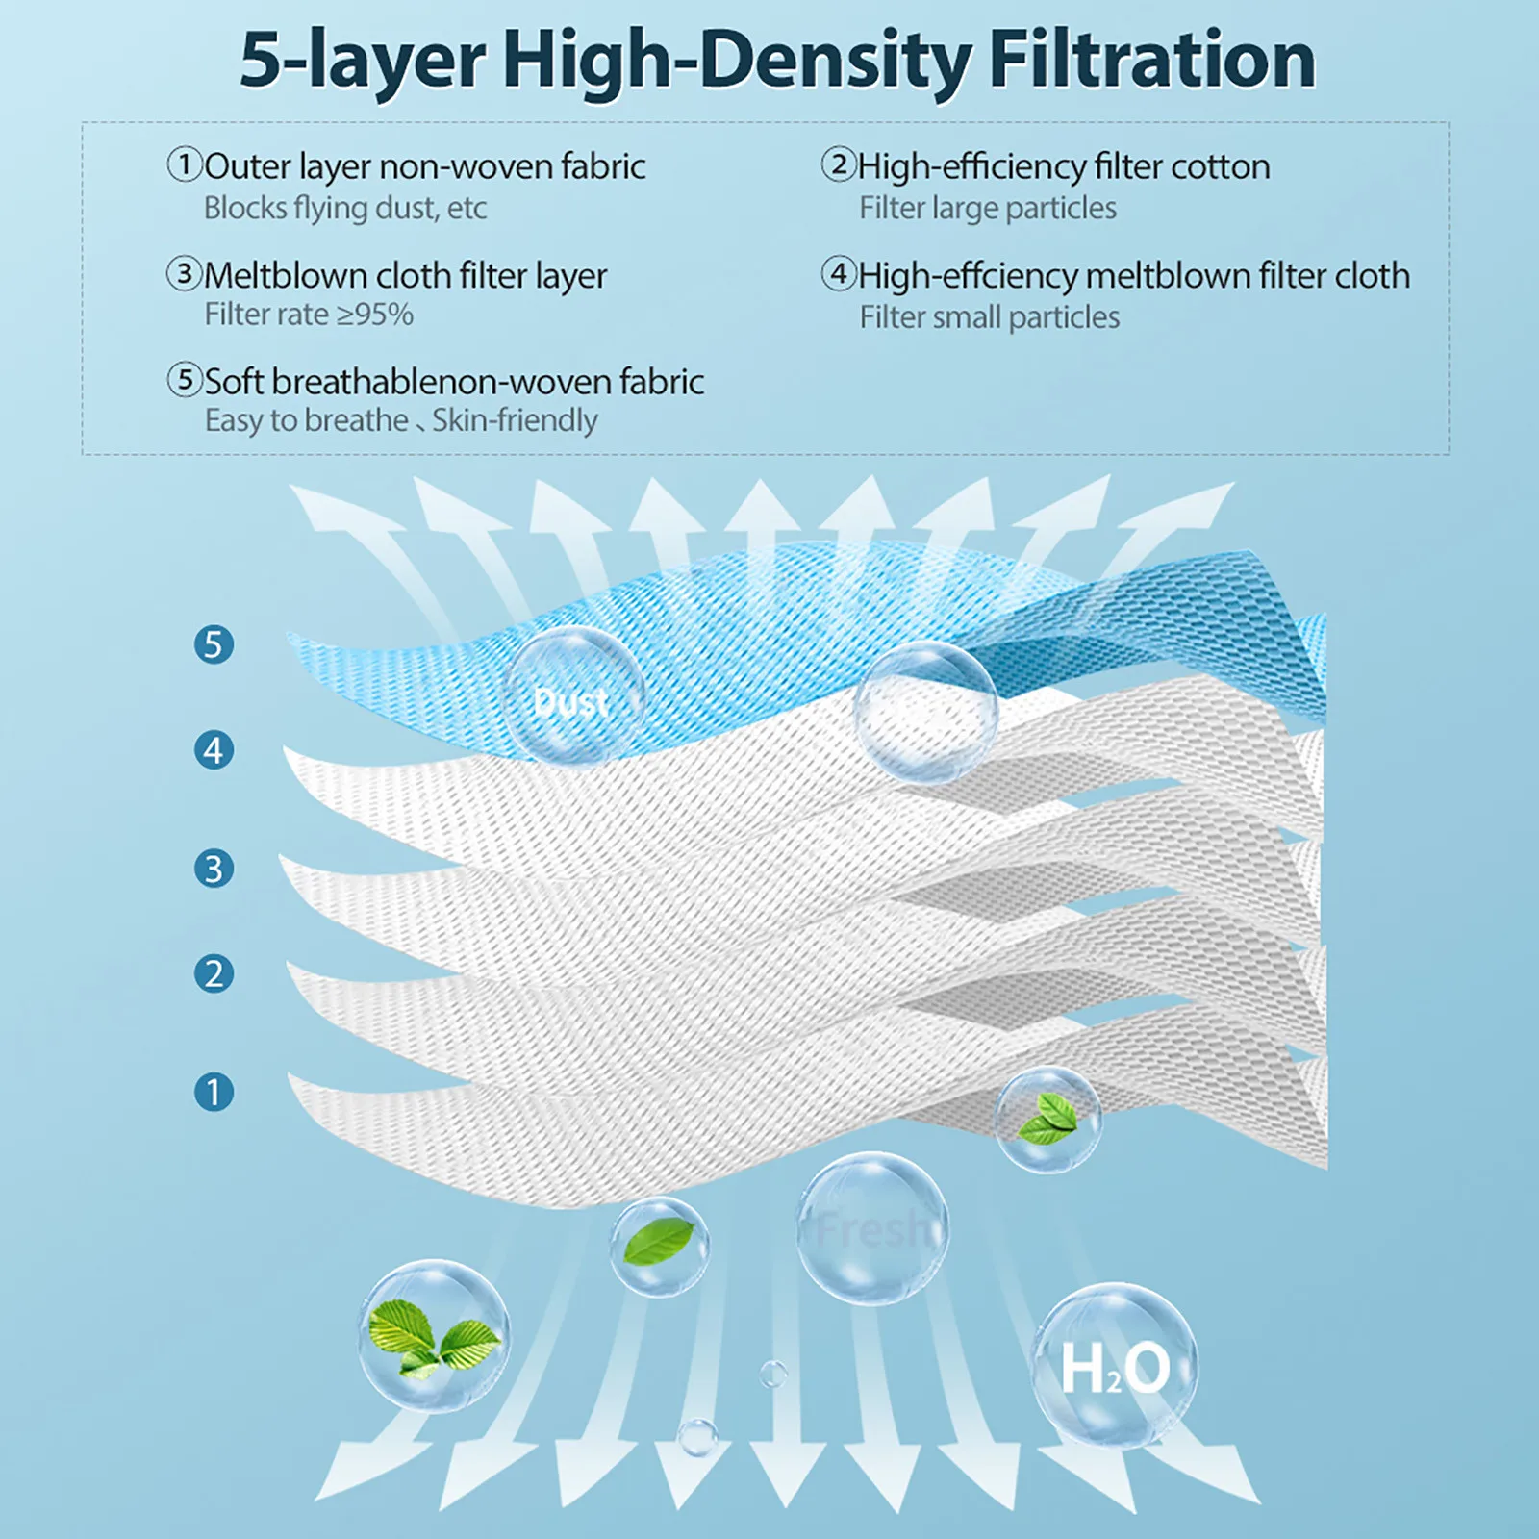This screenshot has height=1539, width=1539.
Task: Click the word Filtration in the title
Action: pyautogui.click(x=1151, y=60)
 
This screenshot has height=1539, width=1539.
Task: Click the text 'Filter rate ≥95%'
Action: pyautogui.click(x=309, y=315)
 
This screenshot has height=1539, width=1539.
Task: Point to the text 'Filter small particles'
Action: pyautogui.click(x=989, y=317)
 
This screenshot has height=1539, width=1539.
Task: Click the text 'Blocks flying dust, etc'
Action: pyautogui.click(x=344, y=208)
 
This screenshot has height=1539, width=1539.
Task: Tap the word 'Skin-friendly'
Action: pyautogui.click(x=515, y=420)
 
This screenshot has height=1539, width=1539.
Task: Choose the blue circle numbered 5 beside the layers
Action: pyautogui.click(x=214, y=644)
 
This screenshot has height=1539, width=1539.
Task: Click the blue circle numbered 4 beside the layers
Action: pyautogui.click(x=214, y=750)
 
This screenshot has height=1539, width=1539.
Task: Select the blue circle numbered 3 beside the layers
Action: pyautogui.click(x=214, y=869)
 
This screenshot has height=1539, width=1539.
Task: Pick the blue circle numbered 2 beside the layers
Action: pyautogui.click(x=214, y=974)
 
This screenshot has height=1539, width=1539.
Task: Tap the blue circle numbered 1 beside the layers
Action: pyautogui.click(x=214, y=1092)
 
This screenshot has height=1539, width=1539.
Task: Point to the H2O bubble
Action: pyautogui.click(x=1116, y=1366)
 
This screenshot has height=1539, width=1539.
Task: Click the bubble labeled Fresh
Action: pyautogui.click(x=872, y=1228)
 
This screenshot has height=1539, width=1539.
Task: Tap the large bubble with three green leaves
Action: pyautogui.click(x=434, y=1335)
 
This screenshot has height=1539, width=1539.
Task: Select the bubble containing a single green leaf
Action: pyautogui.click(x=660, y=1245)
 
